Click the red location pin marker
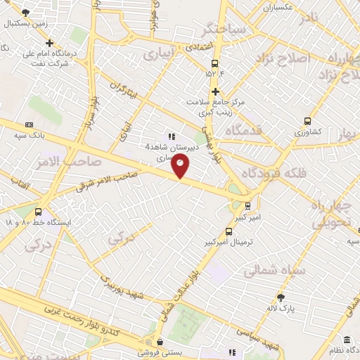(x=181, y=166)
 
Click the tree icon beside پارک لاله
(x=281, y=297)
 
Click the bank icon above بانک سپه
(x=29, y=124)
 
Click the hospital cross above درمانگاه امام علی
(x=49, y=43)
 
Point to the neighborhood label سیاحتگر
(x=222, y=31)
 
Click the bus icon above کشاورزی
(x=307, y=120)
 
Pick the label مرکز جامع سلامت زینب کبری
(x=215, y=107)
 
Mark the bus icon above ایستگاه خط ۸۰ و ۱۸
(x=38, y=212)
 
